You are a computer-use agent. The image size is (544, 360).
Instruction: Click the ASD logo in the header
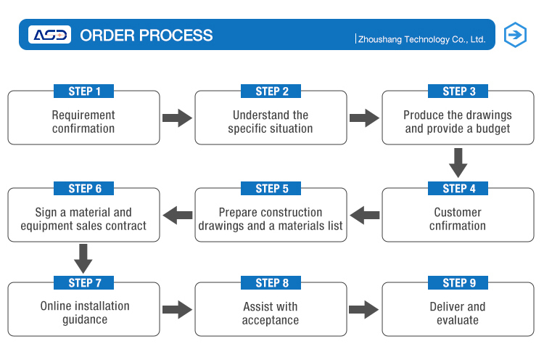pyautogui.click(x=49, y=34)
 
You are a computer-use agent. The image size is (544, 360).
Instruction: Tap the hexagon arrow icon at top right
pyautogui.click(x=515, y=35)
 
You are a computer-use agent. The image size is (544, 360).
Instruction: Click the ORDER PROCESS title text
pyautogui.click(x=147, y=36)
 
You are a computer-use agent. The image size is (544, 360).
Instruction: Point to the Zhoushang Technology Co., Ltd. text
pyautogui.click(x=421, y=39)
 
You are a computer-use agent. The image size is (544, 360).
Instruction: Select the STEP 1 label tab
pyautogui.click(x=83, y=91)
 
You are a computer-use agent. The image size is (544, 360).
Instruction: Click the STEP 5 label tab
pyautogui.click(x=271, y=188)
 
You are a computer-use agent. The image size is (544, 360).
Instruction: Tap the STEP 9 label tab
pyautogui.click(x=458, y=282)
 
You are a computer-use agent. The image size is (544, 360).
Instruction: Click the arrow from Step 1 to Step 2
pyautogui.click(x=177, y=118)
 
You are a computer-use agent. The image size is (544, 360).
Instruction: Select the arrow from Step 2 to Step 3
pyautogui.click(x=364, y=118)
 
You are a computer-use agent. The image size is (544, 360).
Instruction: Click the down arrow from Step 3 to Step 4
pyautogui.click(x=458, y=163)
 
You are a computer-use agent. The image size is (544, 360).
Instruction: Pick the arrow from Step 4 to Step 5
pyautogui.click(x=365, y=216)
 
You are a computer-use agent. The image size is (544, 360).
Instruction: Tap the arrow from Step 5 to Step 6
pyautogui.click(x=177, y=216)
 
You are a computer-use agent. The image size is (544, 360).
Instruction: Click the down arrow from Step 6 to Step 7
pyautogui.click(x=83, y=258)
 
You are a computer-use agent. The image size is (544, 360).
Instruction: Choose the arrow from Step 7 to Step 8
pyautogui.click(x=177, y=309)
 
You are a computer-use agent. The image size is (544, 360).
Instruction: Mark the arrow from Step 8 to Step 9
pyautogui.click(x=364, y=309)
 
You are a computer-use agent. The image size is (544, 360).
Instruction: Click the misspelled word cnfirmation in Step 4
pyautogui.click(x=458, y=226)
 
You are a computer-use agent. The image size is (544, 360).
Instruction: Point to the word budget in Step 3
pyautogui.click(x=493, y=128)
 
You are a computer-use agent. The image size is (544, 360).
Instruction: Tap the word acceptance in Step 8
pyautogui.click(x=271, y=320)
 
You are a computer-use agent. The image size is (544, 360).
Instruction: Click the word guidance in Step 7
pyautogui.click(x=85, y=320)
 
